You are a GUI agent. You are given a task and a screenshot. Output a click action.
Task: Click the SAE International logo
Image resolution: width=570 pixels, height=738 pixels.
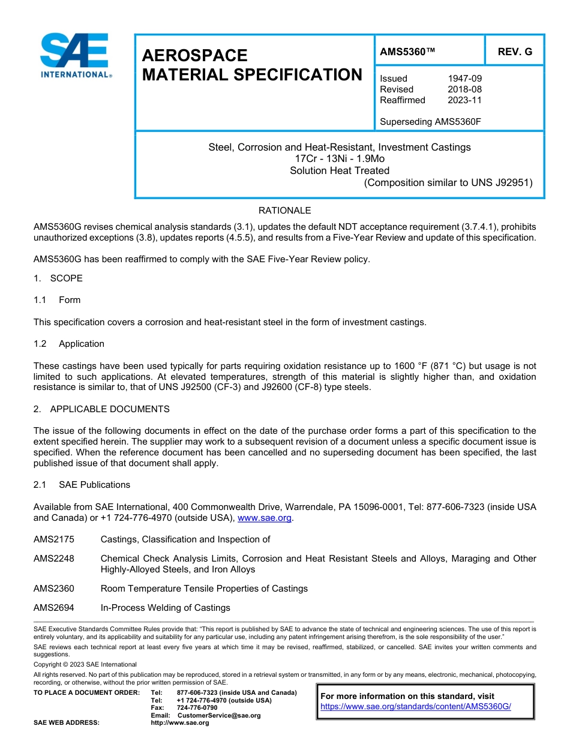[74, 55]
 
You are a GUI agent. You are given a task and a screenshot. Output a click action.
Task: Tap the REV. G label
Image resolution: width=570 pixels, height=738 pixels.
[515, 52]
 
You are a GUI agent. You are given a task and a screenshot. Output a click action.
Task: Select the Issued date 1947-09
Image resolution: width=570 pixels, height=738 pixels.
[464, 79]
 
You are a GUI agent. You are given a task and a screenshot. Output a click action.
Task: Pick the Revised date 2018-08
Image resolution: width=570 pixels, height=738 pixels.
[464, 89]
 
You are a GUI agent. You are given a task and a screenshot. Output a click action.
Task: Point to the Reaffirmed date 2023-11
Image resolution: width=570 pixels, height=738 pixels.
[464, 100]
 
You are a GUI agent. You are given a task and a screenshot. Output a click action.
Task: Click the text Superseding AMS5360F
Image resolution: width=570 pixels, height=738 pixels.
[430, 122]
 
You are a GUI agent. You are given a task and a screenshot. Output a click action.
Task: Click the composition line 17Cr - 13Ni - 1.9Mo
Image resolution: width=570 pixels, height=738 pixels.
[340, 159]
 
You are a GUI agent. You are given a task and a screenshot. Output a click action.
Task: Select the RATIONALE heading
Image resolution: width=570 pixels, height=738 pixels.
[284, 211]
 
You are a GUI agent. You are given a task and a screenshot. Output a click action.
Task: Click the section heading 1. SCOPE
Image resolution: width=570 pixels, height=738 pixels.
[58, 278]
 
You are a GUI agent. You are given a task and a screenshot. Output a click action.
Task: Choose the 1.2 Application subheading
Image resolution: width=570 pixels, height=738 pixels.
[70, 344]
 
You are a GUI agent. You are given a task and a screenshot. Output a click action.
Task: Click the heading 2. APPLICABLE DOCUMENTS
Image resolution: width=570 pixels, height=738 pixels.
[101, 409]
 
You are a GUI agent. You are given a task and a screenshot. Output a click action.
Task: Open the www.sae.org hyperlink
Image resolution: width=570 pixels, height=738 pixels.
[265, 518]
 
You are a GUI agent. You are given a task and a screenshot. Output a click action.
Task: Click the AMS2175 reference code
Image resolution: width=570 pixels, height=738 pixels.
[54, 539]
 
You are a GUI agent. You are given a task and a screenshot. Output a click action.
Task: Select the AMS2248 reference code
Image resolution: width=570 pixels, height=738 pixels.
[54, 559]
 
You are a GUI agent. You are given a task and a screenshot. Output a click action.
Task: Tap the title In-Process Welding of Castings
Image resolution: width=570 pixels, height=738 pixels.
[165, 608]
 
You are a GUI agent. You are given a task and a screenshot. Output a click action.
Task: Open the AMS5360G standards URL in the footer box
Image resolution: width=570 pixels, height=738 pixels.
[415, 707]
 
